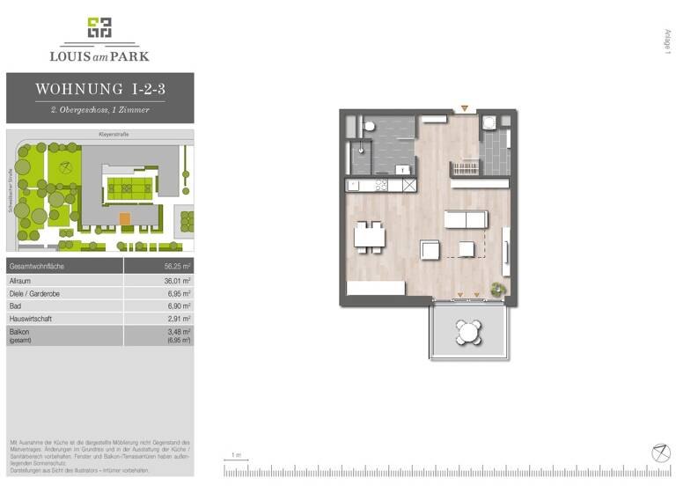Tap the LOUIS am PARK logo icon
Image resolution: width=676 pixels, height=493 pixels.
click(99, 28)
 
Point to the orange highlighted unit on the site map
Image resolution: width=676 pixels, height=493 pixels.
click(124, 217)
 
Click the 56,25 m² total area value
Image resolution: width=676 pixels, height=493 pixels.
click(177, 266)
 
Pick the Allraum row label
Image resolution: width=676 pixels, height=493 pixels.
click(20, 280)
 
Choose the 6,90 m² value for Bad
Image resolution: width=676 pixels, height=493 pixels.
click(180, 306)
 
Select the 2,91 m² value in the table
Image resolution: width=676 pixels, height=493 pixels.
click(180, 320)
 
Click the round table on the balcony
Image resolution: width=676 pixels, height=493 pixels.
click(468, 333)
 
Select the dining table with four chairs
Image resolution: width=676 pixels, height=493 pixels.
click(370, 235)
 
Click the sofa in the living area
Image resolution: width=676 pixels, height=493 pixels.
click(466, 219)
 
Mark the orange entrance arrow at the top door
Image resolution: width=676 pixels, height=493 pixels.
click(464, 108)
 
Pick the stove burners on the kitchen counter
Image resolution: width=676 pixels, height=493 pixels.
click(381, 185)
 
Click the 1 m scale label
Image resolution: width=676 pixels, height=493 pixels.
click(236, 455)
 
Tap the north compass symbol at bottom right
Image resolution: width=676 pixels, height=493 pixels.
click(660, 453)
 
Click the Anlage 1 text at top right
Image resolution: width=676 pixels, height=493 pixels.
click(667, 42)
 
